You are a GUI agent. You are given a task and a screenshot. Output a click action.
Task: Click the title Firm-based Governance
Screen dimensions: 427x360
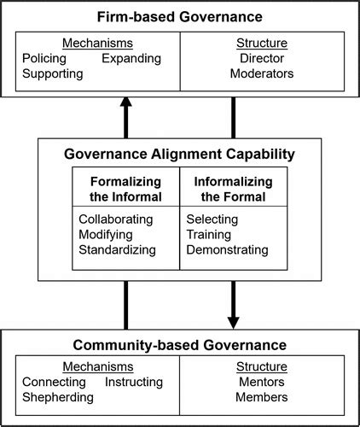179,17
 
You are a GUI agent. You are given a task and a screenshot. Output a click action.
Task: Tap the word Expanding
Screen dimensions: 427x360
131,58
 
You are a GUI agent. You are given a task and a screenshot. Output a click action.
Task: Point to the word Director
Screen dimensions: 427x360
262,58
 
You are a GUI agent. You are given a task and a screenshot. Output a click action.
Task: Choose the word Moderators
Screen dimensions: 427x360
262,73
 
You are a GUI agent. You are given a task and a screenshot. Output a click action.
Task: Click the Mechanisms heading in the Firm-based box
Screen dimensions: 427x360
90,42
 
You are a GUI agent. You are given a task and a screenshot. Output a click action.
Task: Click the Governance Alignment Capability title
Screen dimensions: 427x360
179,154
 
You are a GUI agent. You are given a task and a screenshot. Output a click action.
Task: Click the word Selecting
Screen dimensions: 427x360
212,219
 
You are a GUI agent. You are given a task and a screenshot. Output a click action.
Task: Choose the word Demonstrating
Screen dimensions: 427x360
227,250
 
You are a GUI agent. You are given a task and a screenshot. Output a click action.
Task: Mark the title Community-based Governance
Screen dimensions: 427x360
179,346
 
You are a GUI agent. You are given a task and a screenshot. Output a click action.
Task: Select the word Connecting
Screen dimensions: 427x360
54,382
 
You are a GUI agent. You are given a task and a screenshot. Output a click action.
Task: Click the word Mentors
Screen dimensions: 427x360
262,382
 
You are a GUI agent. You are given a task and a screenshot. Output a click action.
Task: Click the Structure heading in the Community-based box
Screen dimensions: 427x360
262,366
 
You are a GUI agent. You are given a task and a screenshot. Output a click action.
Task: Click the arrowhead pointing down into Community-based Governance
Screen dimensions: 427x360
234,321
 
